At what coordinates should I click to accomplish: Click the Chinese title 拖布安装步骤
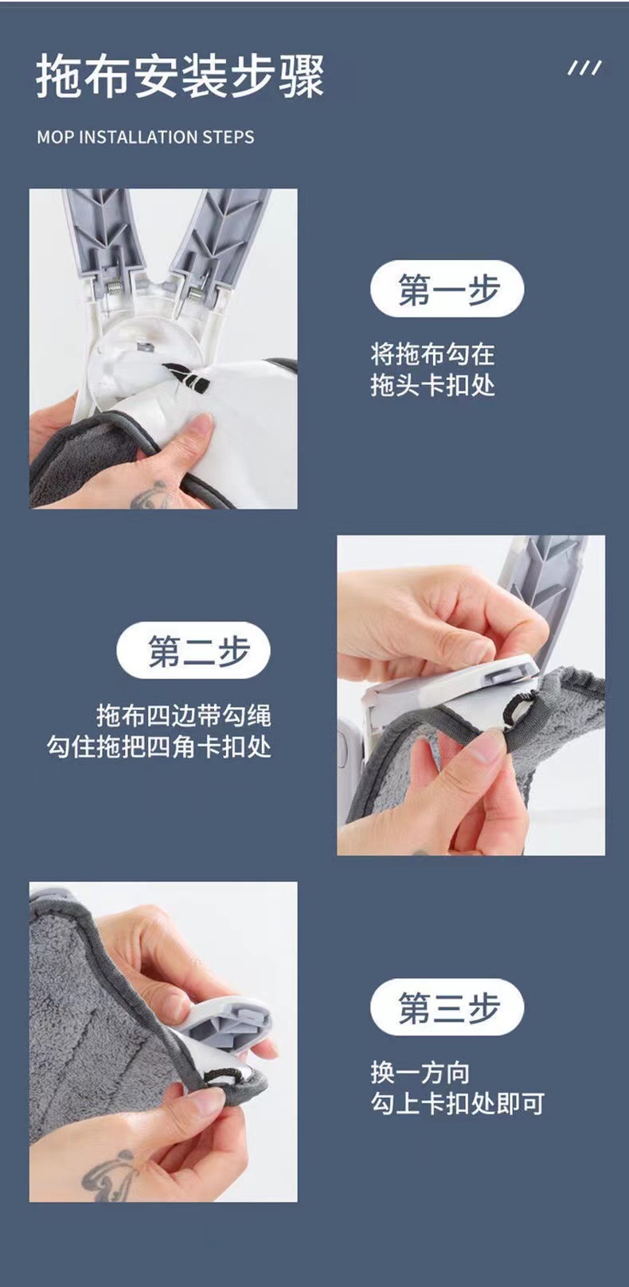pos(180,77)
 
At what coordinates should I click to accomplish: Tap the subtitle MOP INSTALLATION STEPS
pos(145,137)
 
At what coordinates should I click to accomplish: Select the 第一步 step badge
pos(447,289)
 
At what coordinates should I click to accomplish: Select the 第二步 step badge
pos(193,650)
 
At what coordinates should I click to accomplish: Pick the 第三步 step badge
pos(447,1007)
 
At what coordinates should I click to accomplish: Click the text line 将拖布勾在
pos(432,353)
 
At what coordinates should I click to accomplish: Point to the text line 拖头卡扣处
pos(432,385)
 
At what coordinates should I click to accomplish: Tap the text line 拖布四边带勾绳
pos(184,715)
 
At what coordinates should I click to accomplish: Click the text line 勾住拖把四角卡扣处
pos(159,747)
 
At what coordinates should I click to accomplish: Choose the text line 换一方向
pos(420,1072)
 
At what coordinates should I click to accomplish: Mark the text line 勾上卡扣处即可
pos(457,1104)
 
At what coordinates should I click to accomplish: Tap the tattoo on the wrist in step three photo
pos(111,1173)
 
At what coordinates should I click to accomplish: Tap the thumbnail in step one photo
pos(200,423)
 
